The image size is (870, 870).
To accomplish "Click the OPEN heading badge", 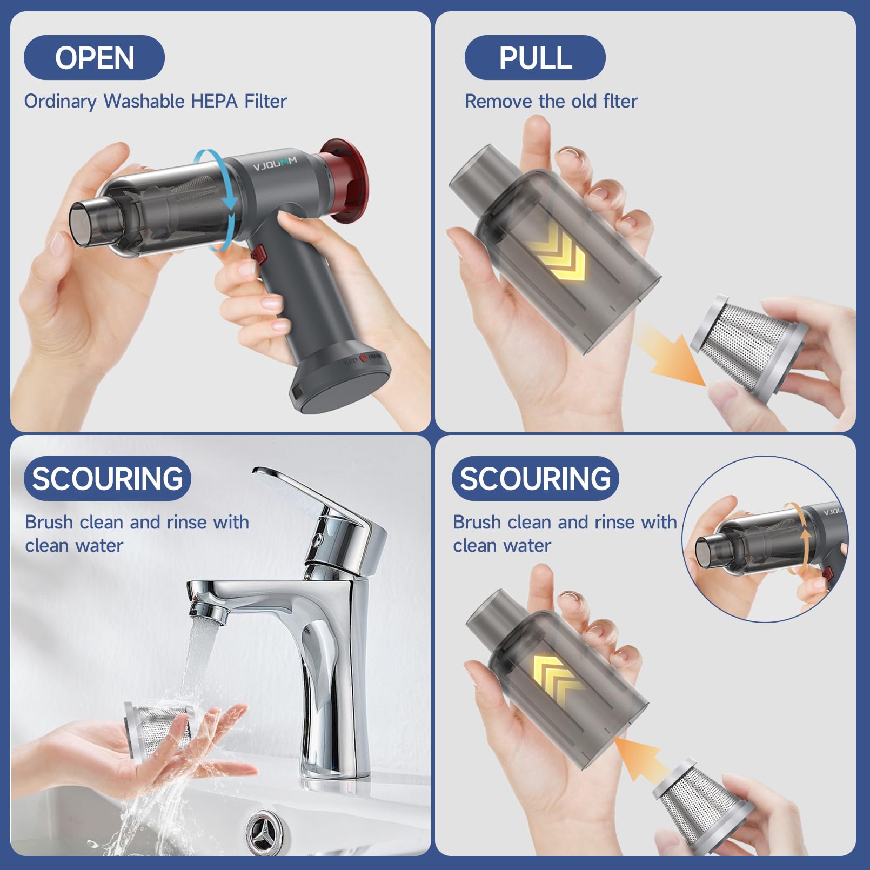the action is (94, 58).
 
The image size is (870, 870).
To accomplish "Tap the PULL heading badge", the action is (535, 58).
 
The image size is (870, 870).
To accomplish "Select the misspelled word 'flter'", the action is (620, 101).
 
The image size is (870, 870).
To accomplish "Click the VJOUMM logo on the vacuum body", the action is (275, 163).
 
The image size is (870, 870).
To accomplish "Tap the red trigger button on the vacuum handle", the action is (259, 253).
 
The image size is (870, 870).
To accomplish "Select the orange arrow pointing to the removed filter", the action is (670, 354).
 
